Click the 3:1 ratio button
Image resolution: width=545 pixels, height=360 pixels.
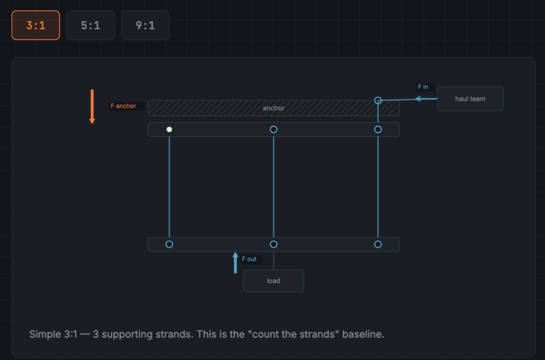(35, 25)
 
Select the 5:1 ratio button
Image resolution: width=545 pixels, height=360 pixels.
(90, 25)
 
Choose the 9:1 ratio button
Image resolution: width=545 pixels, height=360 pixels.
(145, 25)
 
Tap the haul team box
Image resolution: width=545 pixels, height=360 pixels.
(470, 99)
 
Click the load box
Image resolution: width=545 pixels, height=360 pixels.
(273, 280)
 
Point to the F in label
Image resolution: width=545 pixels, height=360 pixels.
(423, 87)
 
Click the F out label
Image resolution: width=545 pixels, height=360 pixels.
(249, 259)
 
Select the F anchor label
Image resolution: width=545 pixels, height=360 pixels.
(123, 106)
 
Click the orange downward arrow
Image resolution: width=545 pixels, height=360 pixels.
(92, 107)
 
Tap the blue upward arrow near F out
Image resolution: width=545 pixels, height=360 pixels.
(236, 263)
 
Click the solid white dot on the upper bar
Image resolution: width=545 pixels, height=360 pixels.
(170, 129)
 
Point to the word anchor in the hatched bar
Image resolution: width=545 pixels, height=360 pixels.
(273, 108)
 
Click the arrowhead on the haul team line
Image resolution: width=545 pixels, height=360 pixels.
(419, 99)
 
